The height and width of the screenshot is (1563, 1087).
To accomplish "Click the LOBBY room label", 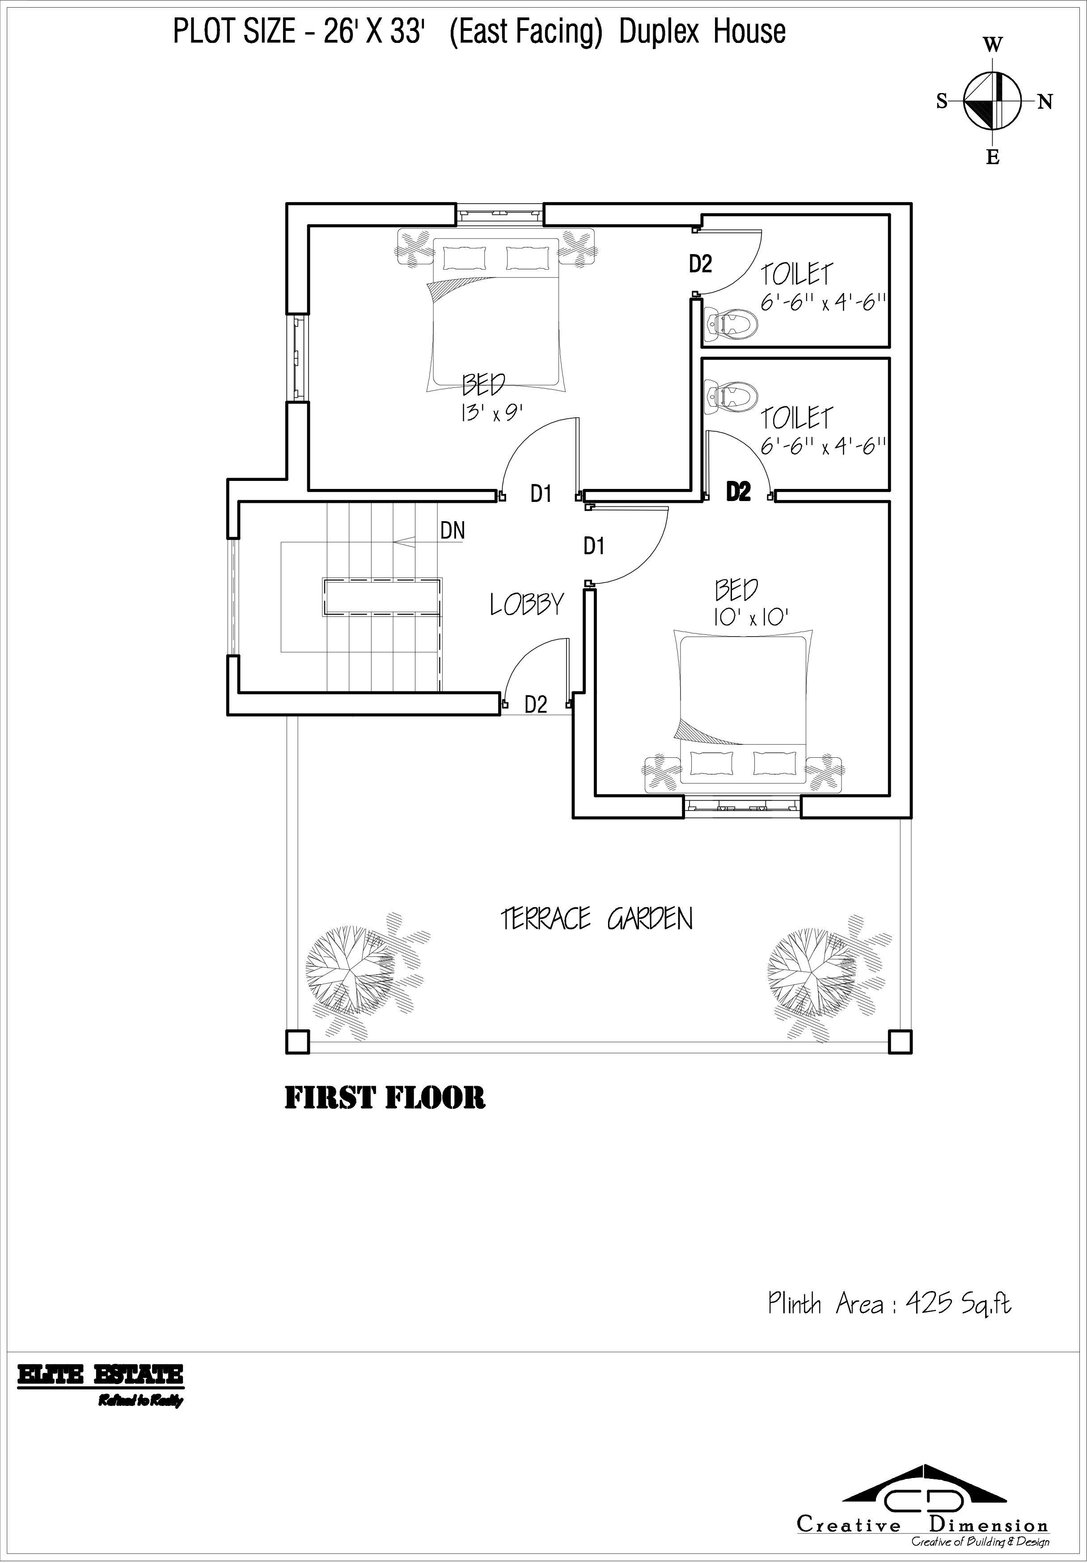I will click(x=527, y=604).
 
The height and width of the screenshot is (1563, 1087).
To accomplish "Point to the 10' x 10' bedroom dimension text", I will click(x=750, y=617).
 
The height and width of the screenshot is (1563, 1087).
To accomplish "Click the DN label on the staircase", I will click(x=453, y=530).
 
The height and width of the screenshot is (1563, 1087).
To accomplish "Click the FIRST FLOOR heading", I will click(x=385, y=1098).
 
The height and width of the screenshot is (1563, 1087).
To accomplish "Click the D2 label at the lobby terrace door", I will click(x=536, y=705).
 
